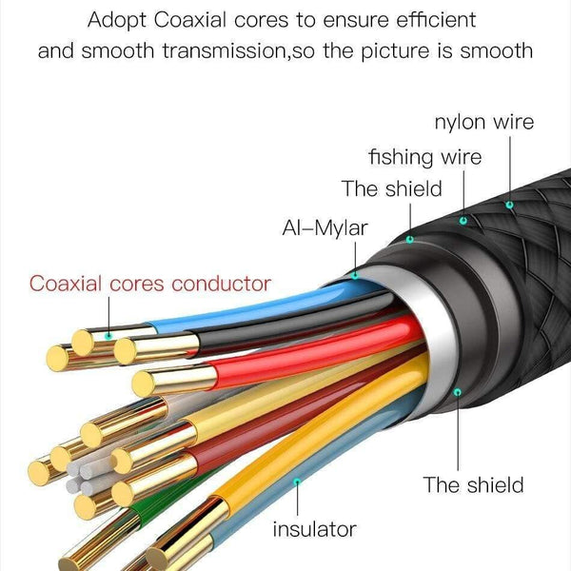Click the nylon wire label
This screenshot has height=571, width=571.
(x=483, y=123)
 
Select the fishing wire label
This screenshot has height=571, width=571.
(x=424, y=156)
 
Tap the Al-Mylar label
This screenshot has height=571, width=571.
(x=325, y=228)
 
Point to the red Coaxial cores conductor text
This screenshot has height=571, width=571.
(x=149, y=283)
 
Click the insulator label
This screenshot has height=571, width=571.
(x=314, y=528)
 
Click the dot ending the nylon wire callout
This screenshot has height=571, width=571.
(x=509, y=204)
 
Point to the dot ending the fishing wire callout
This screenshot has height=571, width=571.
(x=463, y=220)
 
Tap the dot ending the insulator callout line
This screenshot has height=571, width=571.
(x=298, y=481)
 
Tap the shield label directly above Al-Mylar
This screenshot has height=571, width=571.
(x=391, y=188)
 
